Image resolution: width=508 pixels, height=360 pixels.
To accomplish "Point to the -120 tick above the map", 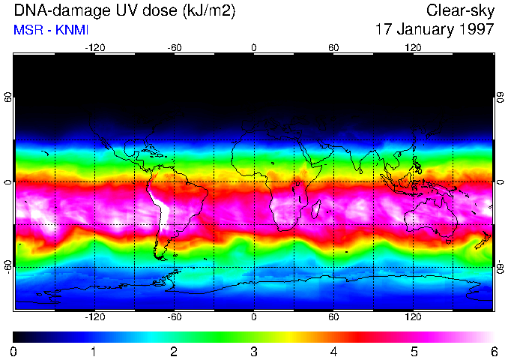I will click(x=94, y=48).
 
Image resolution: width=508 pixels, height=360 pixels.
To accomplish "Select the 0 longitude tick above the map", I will click(x=254, y=48).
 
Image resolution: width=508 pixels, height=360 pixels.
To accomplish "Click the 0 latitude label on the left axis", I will click(x=8, y=182).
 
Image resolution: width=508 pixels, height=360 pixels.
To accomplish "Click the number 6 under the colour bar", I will click(x=493, y=351).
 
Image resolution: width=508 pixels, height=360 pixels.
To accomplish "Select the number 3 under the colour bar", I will click(x=254, y=351).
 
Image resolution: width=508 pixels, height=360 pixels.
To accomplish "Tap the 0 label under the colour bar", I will click(x=14, y=351).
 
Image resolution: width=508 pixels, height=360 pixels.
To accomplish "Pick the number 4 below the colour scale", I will click(x=333, y=351).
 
